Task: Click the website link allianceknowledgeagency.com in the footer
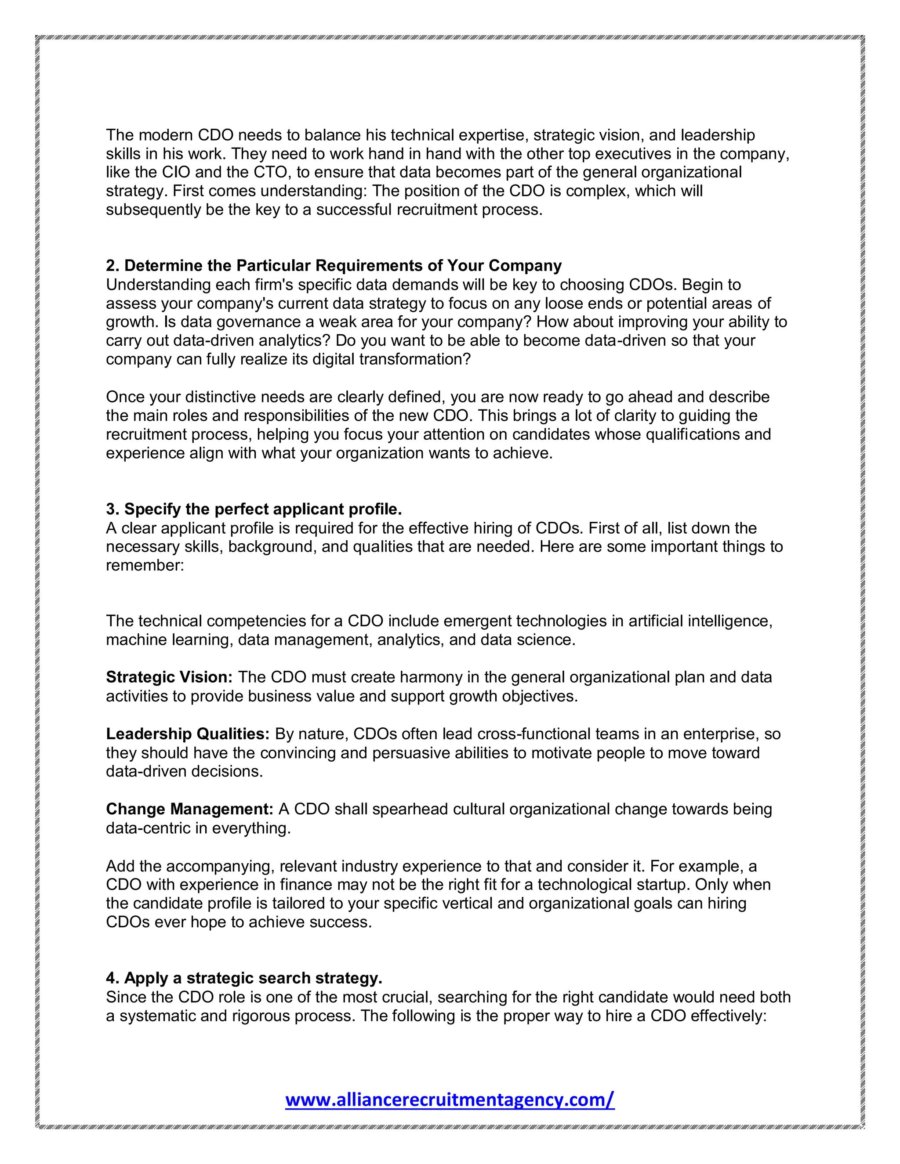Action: [x=450, y=1099]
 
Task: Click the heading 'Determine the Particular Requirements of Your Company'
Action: [x=334, y=265]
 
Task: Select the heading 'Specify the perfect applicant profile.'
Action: [x=254, y=509]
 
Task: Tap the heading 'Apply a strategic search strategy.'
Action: [x=244, y=978]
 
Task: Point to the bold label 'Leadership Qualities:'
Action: [x=188, y=734]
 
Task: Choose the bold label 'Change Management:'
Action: [x=190, y=809]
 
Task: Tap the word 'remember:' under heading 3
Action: [x=145, y=565]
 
